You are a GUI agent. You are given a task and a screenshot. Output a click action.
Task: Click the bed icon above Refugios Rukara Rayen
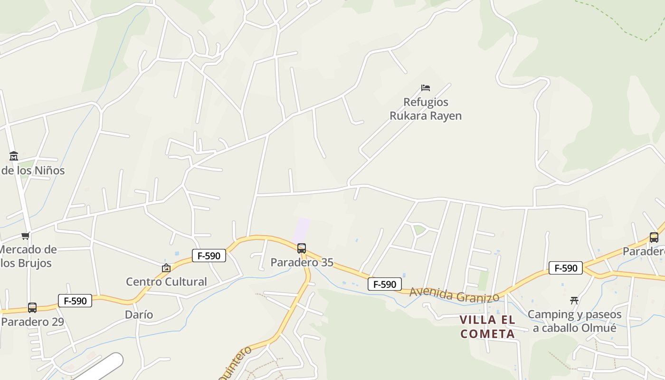click(x=425, y=88)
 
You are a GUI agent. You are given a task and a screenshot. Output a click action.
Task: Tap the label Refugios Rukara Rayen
click(x=426, y=109)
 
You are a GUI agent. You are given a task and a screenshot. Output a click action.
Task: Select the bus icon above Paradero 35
click(x=301, y=248)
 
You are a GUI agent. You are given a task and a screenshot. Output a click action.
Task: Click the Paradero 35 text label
click(x=302, y=262)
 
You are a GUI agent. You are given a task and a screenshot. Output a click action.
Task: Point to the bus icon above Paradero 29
click(x=32, y=308)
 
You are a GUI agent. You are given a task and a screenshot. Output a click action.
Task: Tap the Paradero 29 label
click(x=32, y=322)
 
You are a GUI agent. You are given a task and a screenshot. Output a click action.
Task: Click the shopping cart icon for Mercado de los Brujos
click(x=26, y=236)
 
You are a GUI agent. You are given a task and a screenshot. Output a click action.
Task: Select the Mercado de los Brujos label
click(x=28, y=256)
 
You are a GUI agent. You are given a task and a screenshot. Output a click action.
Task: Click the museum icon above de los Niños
click(x=13, y=156)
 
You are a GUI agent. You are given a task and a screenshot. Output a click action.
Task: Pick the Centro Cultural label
click(x=166, y=282)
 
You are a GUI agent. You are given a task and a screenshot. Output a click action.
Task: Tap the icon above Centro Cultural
click(x=166, y=268)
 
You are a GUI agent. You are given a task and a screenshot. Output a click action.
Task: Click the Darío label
click(x=139, y=314)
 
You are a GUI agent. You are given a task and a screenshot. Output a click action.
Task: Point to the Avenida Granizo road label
click(x=454, y=294)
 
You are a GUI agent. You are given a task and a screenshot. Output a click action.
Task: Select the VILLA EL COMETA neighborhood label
click(x=487, y=326)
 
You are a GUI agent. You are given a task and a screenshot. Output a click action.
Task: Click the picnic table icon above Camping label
click(x=574, y=300)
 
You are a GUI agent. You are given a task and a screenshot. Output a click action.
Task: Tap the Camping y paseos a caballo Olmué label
click(x=574, y=321)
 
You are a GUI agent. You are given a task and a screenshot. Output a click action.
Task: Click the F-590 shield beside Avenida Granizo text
click(x=384, y=284)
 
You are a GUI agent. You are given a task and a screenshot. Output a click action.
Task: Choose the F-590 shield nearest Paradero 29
click(x=75, y=301)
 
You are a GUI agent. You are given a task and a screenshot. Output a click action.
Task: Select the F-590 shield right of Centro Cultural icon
click(x=209, y=256)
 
